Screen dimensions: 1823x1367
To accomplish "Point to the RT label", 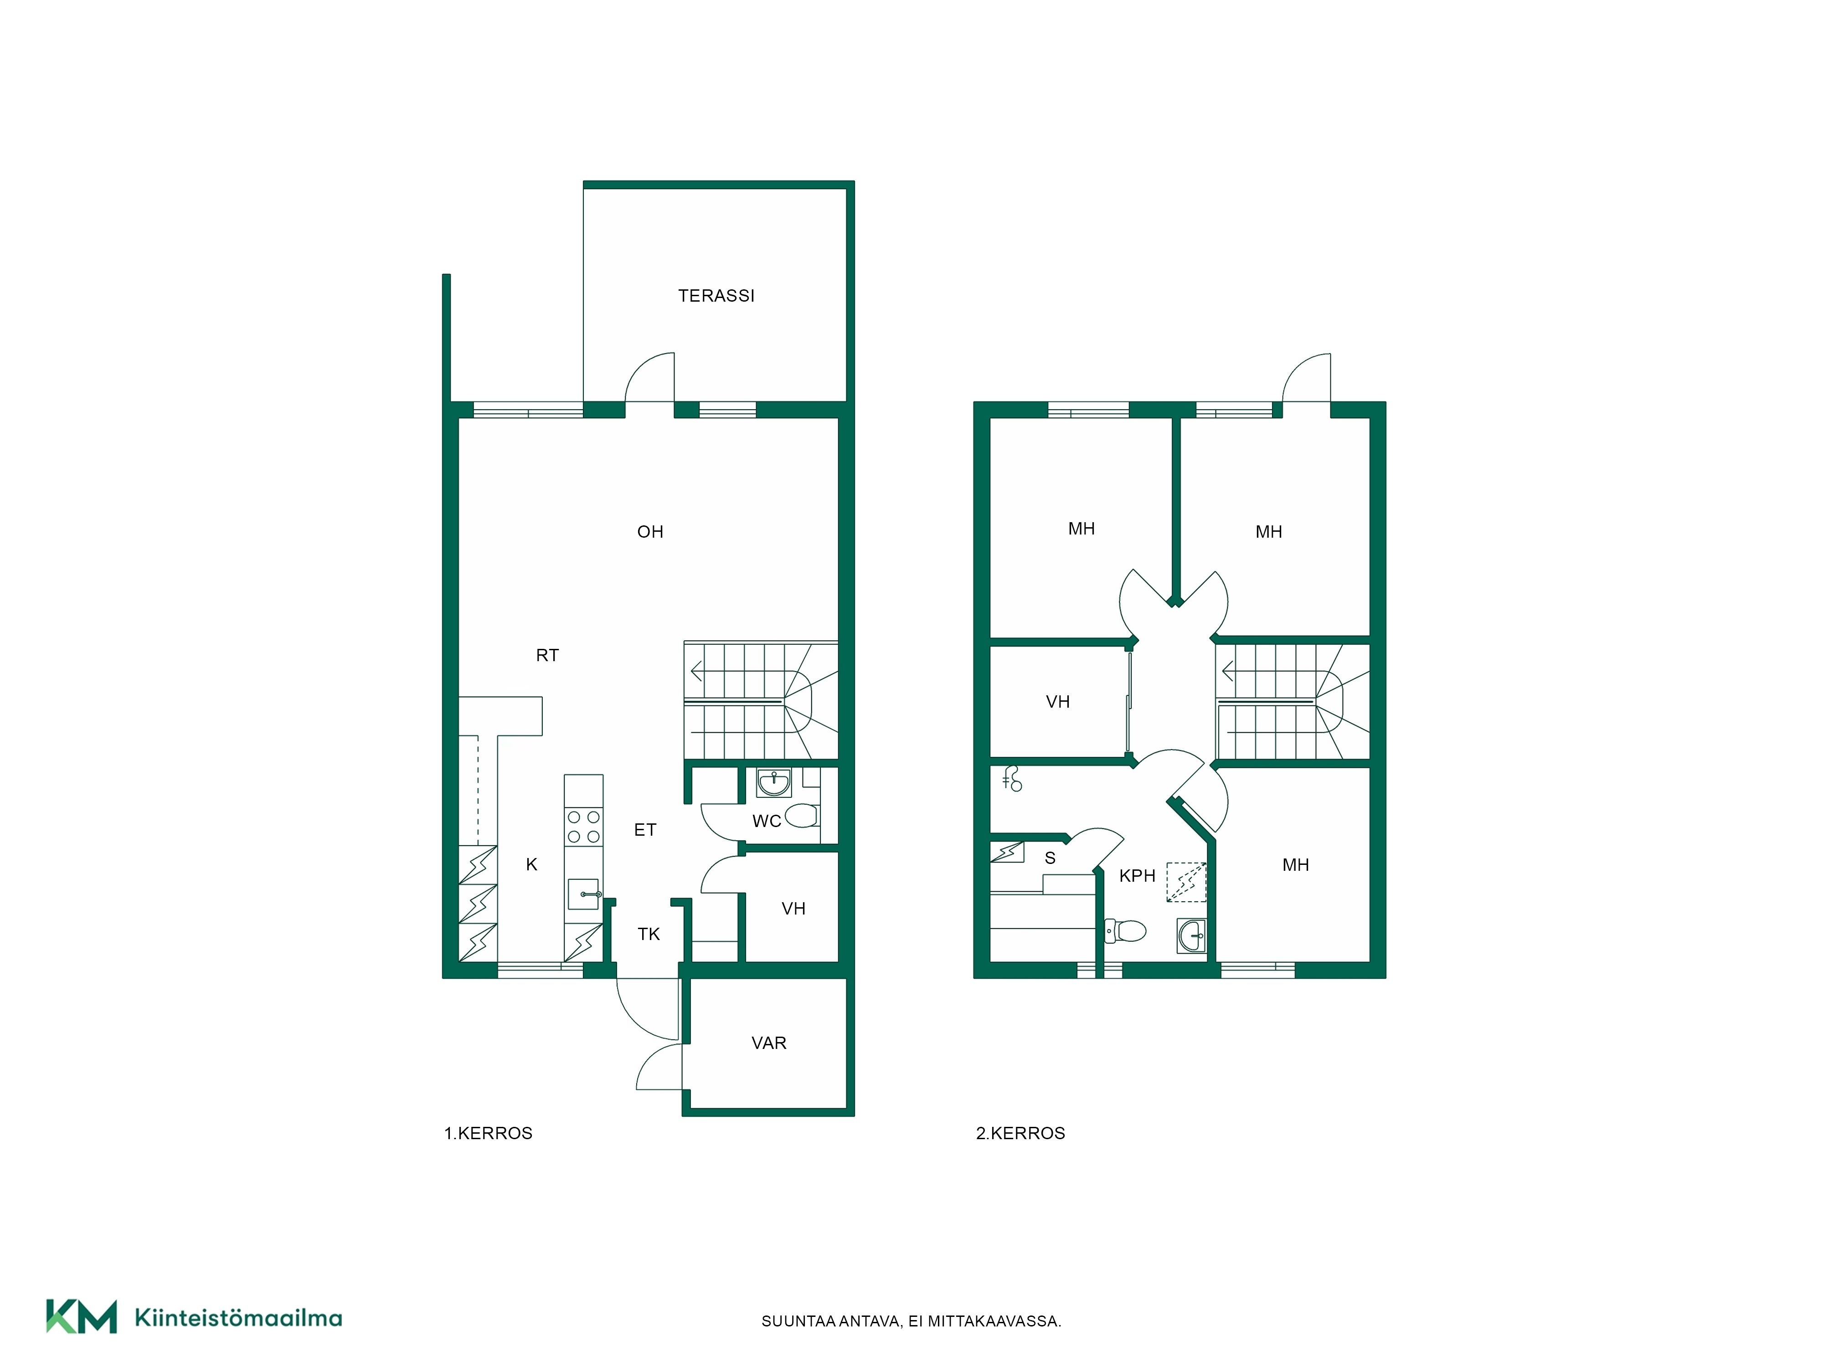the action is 547,656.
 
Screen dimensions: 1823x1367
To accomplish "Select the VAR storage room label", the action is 769,1043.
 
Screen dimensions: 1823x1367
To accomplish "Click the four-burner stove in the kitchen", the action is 583,827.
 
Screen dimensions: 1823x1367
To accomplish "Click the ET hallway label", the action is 645,830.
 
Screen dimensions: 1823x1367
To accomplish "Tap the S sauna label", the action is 1050,858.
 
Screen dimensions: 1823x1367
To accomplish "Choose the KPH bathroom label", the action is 1137,876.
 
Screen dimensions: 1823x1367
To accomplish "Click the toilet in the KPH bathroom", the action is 1126,931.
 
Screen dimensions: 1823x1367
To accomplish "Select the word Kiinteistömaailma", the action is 238,1318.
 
